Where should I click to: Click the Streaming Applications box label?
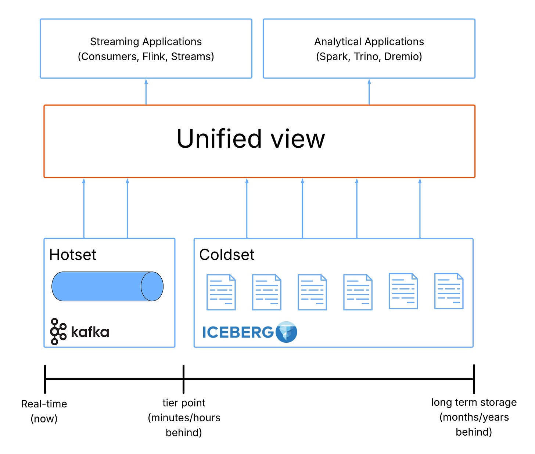(x=146, y=42)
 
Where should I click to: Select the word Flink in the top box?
(x=154, y=57)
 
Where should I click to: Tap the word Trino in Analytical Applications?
(x=366, y=57)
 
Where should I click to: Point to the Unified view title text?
(x=251, y=139)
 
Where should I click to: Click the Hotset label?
(x=73, y=255)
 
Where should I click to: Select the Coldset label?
(x=227, y=255)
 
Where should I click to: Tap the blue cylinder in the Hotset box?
(x=107, y=287)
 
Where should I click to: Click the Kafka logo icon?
(x=58, y=332)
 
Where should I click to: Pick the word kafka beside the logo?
(x=90, y=332)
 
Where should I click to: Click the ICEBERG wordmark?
(x=238, y=332)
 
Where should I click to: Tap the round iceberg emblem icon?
(x=286, y=332)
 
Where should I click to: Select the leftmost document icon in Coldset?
(x=221, y=292)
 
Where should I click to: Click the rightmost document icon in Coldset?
(x=449, y=291)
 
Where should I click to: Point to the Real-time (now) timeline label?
(x=44, y=411)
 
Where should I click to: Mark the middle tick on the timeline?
(x=183, y=379)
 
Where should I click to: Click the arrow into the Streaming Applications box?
(x=146, y=91)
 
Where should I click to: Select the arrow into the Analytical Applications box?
(x=369, y=91)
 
